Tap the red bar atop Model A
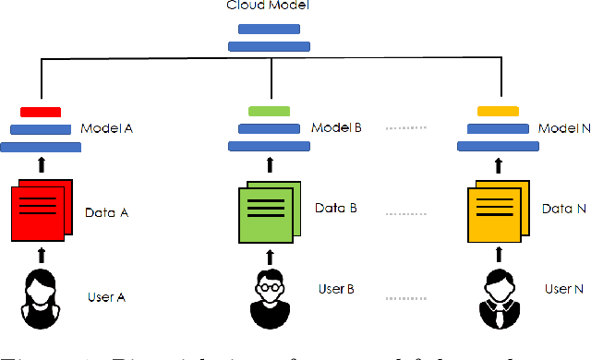pos(40,112)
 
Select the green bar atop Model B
pos(269,112)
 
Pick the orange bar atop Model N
pos(498,112)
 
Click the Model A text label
pos(107,128)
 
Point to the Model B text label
pos(335,128)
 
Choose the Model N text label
pos(565,128)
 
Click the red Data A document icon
pos(40,212)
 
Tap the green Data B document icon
pos(269,211)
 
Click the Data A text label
pos(105,213)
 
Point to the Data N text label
pos(562,210)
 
